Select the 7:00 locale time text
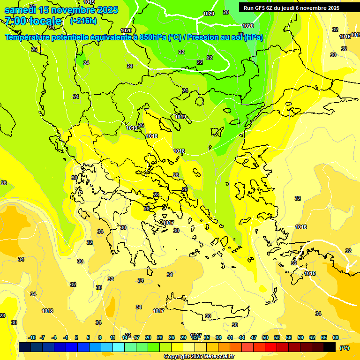tap(33, 21)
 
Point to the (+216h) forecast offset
tap(83, 21)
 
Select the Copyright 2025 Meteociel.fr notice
tap(199, 356)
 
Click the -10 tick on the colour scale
tap(32, 337)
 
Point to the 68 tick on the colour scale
tap(336, 337)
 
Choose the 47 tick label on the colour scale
tap(254, 337)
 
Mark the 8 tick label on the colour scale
tap(100, 337)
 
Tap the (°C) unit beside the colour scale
tap(344, 348)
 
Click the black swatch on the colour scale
tap(330, 347)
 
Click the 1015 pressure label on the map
tap(310, 273)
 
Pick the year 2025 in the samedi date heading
tap(106, 10)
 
